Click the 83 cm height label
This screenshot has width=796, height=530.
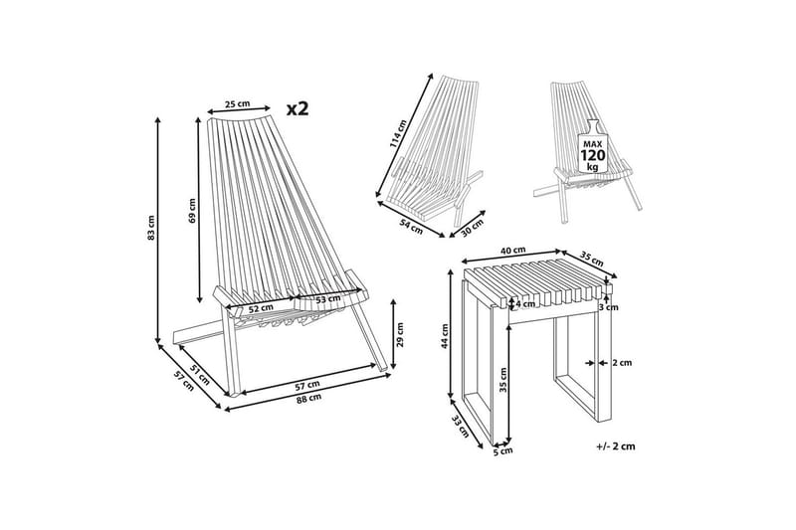tap(151, 228)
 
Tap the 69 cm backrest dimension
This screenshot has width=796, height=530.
tap(192, 210)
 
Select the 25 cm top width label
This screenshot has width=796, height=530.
tap(238, 104)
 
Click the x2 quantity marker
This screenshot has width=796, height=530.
tap(298, 108)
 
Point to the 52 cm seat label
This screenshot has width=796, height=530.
tap(261, 307)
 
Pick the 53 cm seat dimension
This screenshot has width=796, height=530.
tap(328, 299)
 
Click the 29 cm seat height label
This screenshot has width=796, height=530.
tap(400, 335)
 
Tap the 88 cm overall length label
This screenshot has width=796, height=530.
tap(308, 398)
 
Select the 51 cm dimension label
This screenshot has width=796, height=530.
tap(200, 374)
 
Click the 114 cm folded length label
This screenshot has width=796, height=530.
tap(398, 134)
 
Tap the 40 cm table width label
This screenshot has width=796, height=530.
tap(512, 250)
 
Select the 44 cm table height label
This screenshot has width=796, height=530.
tap(445, 336)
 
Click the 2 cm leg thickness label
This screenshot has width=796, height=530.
tap(622, 363)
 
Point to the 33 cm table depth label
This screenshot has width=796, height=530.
tap(462, 426)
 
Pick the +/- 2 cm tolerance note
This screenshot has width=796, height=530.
tap(616, 446)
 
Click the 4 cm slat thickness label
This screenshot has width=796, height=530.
tap(525, 304)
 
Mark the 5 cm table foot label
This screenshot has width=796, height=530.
tap(503, 450)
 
